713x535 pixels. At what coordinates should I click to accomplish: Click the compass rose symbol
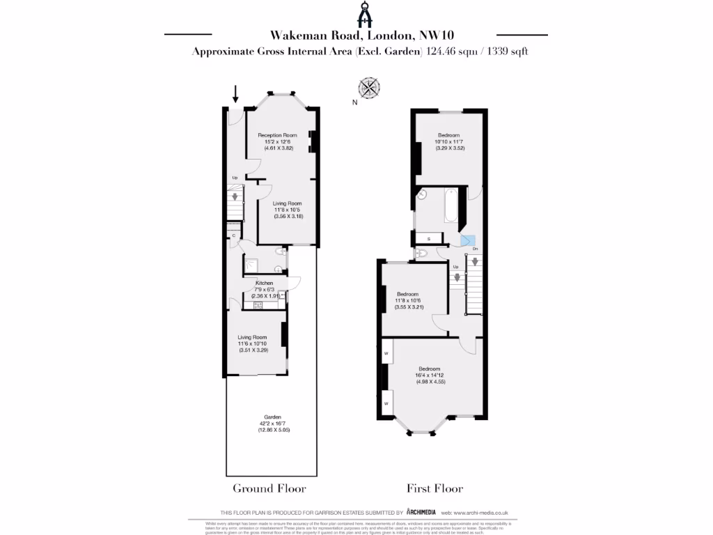pyautogui.click(x=369, y=88)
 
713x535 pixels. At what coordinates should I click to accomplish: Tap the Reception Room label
pyautogui.click(x=277, y=135)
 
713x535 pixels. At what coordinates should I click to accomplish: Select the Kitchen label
pyautogui.click(x=264, y=284)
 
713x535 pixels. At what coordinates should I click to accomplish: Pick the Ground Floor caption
pyautogui.click(x=269, y=488)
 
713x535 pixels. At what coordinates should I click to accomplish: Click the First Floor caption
pyautogui.click(x=434, y=488)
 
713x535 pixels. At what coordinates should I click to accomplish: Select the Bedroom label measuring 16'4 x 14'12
pyautogui.click(x=429, y=369)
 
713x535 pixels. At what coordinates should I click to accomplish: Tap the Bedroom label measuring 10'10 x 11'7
pyautogui.click(x=448, y=135)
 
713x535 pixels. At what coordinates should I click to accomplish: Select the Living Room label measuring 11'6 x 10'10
pyautogui.click(x=252, y=337)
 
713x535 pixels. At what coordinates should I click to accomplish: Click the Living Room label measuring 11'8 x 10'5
pyautogui.click(x=277, y=203)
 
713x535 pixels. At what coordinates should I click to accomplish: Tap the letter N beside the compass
pyautogui.click(x=354, y=102)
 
